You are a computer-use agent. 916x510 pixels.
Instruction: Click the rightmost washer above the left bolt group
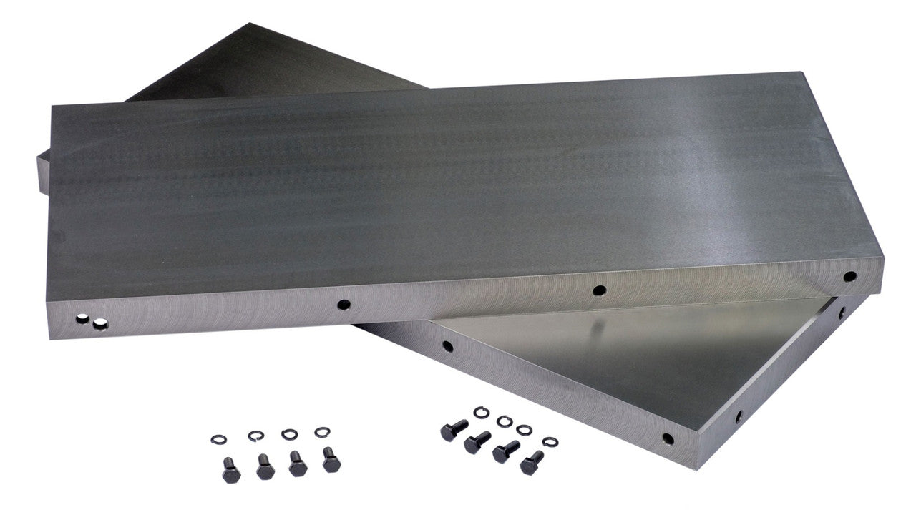click(322, 431)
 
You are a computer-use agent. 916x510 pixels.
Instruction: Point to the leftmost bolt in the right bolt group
click(454, 431)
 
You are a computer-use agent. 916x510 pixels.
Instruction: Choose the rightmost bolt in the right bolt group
click(532, 462)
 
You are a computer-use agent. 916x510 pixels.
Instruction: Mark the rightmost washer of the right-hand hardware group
click(550, 442)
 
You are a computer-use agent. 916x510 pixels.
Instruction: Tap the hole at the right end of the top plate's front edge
click(849, 275)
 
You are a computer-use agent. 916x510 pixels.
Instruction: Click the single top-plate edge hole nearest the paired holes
click(344, 305)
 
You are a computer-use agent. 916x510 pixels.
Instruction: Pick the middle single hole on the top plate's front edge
click(600, 290)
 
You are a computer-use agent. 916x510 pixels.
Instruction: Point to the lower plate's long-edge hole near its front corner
click(668, 438)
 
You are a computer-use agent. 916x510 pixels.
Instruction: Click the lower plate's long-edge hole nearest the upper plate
click(447, 347)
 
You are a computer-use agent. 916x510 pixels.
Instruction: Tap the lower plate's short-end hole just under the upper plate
click(842, 312)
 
